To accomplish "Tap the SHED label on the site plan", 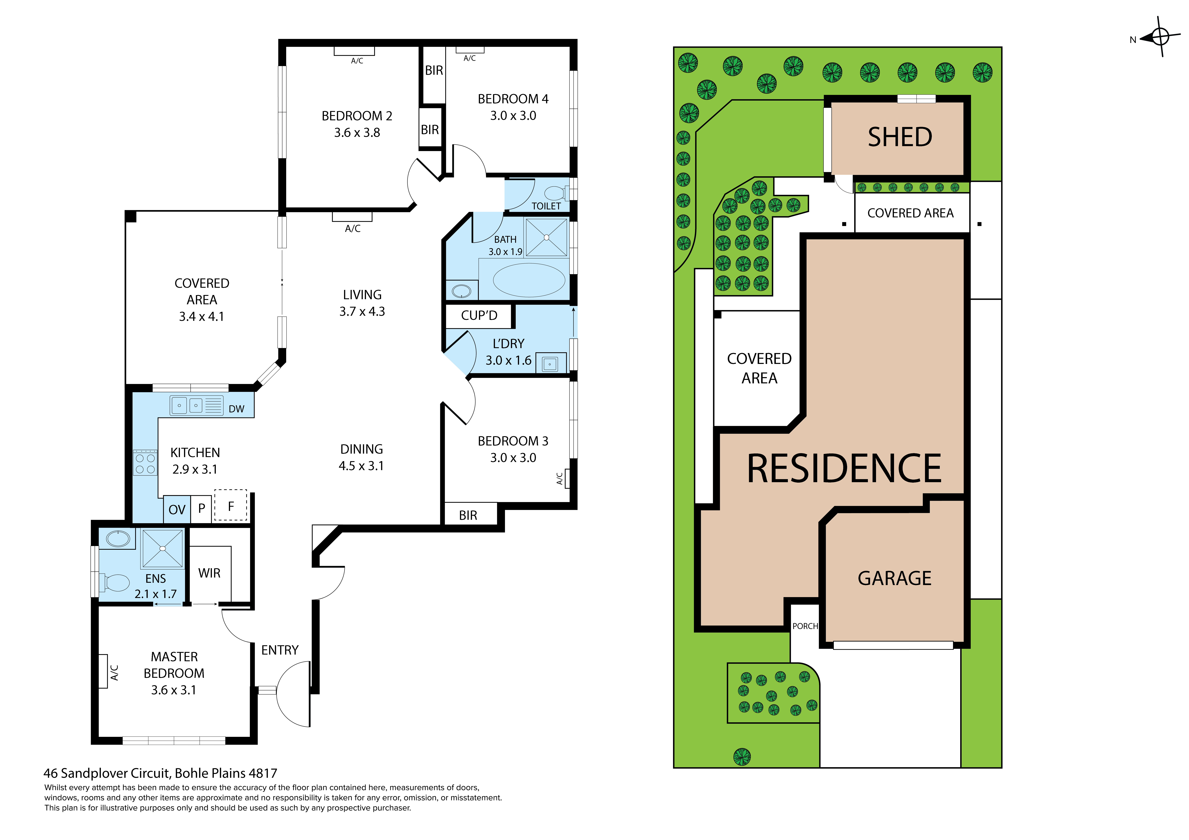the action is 900,137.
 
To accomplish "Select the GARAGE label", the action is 894,578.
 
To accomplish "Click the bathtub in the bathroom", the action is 529,280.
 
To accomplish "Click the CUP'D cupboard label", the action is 479,315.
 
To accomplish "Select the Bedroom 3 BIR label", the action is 468,516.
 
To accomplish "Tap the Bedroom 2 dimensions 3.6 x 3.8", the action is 357,132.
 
